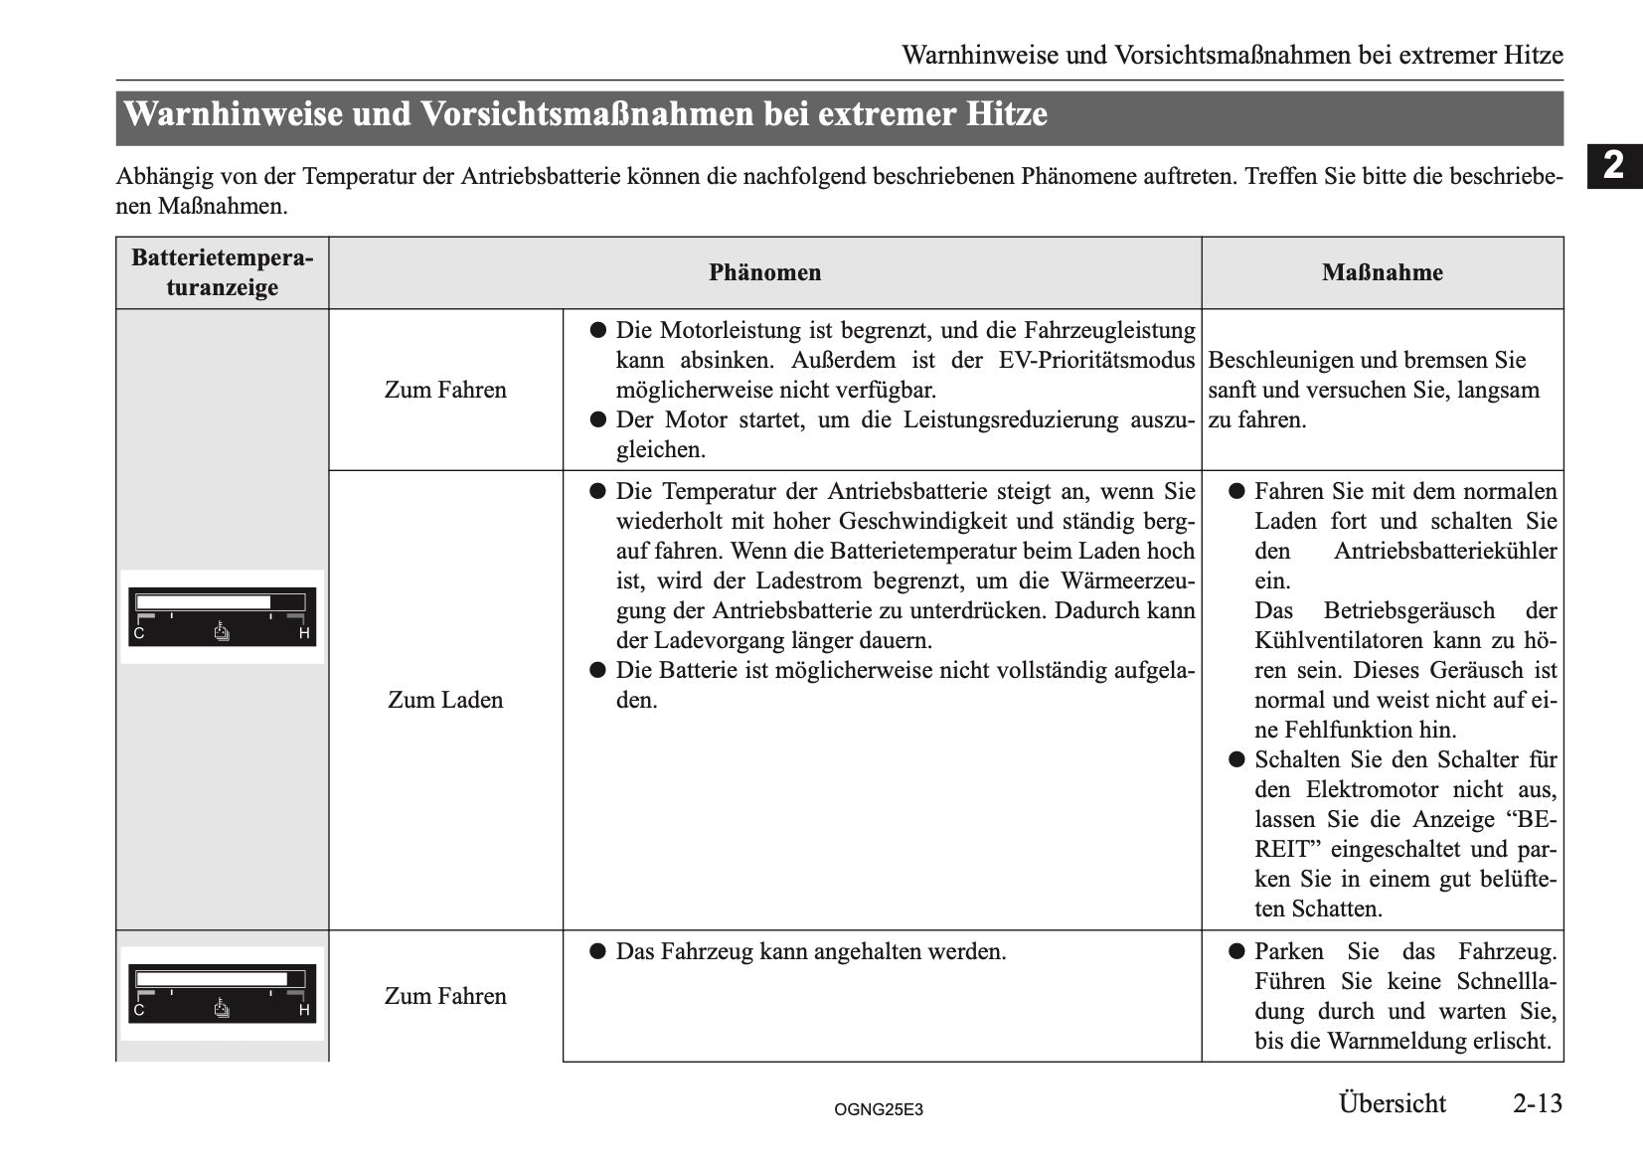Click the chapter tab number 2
[x=1614, y=165]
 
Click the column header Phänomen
[x=764, y=272]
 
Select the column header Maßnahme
[x=1382, y=272]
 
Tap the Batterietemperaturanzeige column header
[x=222, y=272]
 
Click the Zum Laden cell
[x=445, y=700]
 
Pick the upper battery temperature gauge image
[x=222, y=616]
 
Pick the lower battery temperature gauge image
[x=222, y=993]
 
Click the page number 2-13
[x=1537, y=1103]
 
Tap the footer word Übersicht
[x=1392, y=1103]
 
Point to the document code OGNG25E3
[x=879, y=1109]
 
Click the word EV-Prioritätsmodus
[x=1096, y=360]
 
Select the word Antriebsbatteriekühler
[x=1444, y=551]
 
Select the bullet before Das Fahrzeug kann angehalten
[x=597, y=951]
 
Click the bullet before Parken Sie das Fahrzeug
[x=1236, y=951]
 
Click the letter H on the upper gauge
[x=304, y=633]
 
